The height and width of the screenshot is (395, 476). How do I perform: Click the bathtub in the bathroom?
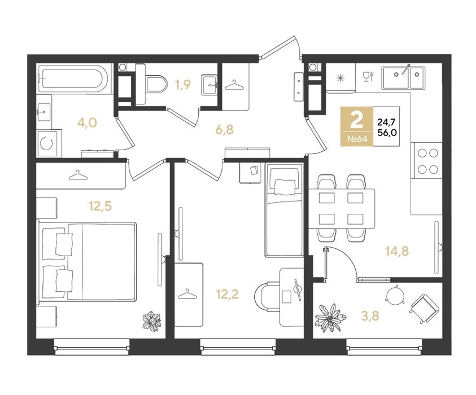click(x=73, y=78)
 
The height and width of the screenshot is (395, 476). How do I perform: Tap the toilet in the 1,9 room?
click(x=152, y=84)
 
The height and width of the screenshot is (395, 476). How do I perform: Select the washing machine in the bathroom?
click(x=49, y=143)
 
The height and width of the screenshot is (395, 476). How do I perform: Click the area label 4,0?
click(x=87, y=123)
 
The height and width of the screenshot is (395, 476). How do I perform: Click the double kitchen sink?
click(x=403, y=78)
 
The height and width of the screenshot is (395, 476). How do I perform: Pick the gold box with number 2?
click(x=356, y=126)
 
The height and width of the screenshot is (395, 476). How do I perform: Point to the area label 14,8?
click(x=397, y=251)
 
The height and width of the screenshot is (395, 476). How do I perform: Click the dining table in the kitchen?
click(x=342, y=208)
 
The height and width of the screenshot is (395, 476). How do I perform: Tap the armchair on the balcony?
click(x=425, y=309)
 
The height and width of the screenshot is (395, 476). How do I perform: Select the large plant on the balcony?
click(x=330, y=318)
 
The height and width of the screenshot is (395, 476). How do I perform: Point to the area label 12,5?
click(x=100, y=206)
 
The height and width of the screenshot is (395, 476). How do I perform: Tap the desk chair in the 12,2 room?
click(x=266, y=296)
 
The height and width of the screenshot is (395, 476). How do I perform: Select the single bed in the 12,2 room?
click(x=284, y=210)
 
